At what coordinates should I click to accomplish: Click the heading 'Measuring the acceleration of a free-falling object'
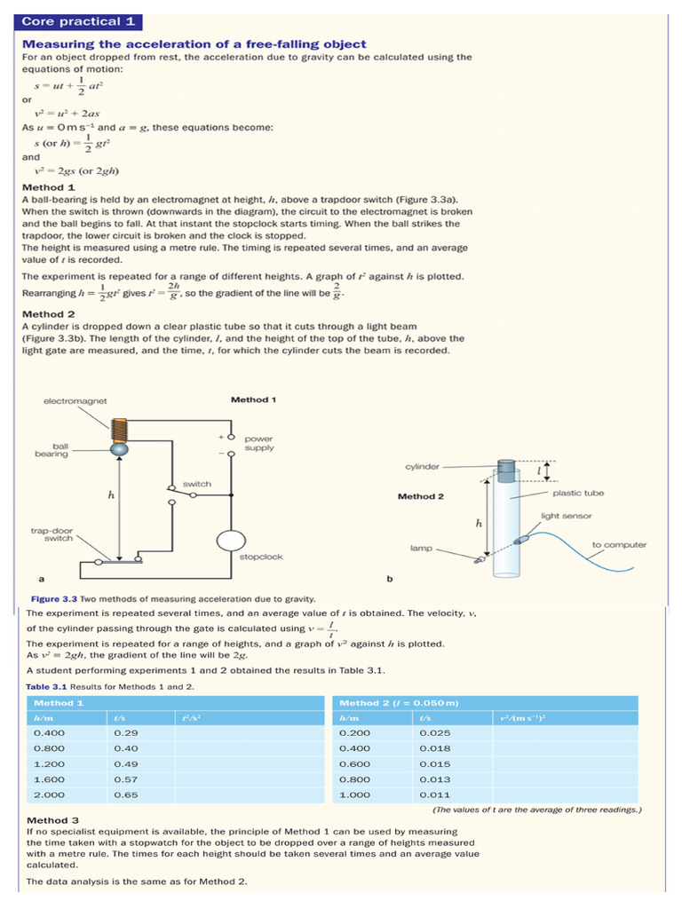coord(194,44)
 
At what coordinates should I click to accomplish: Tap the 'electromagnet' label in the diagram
coord(75,401)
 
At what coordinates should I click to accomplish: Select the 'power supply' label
coord(259,443)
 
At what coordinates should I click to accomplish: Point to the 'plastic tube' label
coord(578,493)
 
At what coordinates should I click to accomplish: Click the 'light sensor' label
coord(566,516)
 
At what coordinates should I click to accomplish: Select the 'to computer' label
coord(619,544)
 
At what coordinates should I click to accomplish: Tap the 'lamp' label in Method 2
coord(421,548)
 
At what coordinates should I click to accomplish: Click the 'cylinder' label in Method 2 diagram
coord(422,466)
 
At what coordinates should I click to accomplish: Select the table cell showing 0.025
coord(435,733)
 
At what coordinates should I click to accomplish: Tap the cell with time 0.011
coord(435,794)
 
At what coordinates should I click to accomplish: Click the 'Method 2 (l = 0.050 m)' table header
coord(399,703)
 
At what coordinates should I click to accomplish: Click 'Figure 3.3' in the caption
coord(52,599)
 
